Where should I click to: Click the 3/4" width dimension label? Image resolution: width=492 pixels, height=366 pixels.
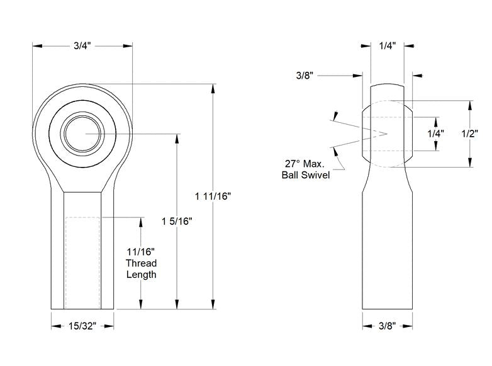(x=82, y=46)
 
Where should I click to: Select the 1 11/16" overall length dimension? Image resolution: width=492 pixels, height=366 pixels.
(x=213, y=196)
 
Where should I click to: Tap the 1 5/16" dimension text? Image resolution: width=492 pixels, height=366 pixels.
(x=177, y=221)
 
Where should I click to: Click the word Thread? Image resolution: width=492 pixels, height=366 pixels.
(x=141, y=263)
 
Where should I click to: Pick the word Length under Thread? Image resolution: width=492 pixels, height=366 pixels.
(x=141, y=275)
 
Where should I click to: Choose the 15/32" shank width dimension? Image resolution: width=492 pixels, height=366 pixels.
(x=82, y=326)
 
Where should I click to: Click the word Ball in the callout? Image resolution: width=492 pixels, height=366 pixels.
(x=291, y=174)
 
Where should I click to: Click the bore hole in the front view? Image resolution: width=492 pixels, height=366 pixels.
(x=82, y=134)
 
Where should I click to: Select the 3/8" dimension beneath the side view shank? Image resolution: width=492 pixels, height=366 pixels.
(x=387, y=326)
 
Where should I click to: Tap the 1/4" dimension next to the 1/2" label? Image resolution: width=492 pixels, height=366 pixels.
(x=435, y=134)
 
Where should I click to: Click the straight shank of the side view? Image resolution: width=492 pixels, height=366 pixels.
(x=387, y=252)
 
